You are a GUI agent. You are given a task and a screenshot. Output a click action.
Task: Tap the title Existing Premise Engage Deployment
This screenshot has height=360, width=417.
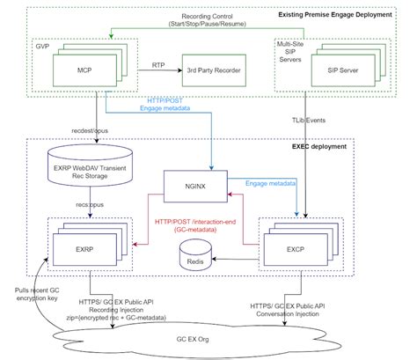click(x=346, y=15)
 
